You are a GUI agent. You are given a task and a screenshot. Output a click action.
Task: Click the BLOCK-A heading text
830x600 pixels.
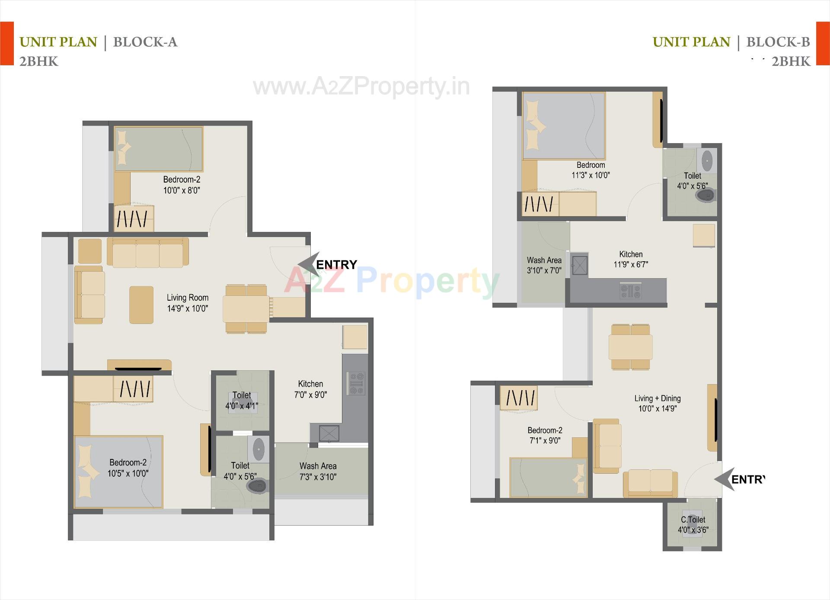point(145,42)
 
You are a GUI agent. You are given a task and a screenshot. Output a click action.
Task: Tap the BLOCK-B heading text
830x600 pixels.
point(778,42)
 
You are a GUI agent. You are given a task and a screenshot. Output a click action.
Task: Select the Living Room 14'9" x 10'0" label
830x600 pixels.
point(188,303)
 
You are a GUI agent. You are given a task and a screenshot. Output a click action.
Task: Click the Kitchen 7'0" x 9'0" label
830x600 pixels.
point(310,389)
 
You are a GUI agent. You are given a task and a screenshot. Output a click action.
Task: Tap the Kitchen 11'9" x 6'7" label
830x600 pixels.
point(631,259)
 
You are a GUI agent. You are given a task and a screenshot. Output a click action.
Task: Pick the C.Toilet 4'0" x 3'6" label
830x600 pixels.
point(693,524)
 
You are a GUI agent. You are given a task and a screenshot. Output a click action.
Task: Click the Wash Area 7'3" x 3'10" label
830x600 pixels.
point(318,471)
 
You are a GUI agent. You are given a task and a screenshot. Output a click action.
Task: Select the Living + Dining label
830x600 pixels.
point(657,403)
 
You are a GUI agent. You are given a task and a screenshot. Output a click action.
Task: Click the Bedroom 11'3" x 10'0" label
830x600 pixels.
point(591,170)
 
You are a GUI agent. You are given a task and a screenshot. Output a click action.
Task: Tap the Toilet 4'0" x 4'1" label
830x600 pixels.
point(241,400)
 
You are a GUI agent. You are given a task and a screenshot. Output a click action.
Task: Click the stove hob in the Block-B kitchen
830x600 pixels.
point(631,290)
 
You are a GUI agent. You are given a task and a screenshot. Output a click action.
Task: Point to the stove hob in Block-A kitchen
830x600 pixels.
point(356,383)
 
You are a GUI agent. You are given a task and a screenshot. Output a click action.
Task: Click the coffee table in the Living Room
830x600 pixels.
point(141,305)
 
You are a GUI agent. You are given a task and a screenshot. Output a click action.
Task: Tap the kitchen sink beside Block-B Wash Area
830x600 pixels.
point(579,265)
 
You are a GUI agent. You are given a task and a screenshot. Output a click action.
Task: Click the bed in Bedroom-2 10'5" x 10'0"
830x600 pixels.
point(118,471)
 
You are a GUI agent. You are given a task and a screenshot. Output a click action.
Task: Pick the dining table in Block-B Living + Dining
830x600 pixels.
point(630,347)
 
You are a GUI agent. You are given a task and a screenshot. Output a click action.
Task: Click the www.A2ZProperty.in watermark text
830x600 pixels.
point(361,87)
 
